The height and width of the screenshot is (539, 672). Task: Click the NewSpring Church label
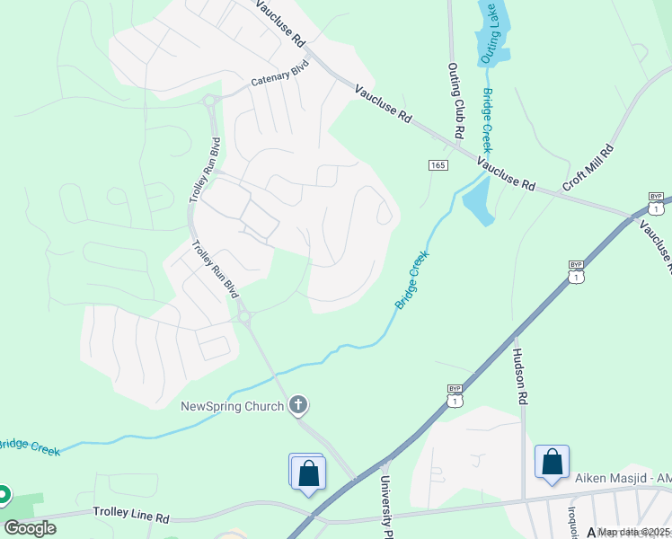pyautogui.click(x=232, y=406)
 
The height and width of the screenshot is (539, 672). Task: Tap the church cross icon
pyautogui.click(x=299, y=406)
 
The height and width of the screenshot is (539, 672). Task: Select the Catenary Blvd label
pyautogui.click(x=279, y=77)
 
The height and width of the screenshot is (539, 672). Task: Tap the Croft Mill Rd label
pyautogui.click(x=588, y=168)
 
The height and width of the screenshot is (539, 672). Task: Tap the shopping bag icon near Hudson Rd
pyautogui.click(x=552, y=462)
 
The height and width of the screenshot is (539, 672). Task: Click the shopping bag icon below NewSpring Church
pyautogui.click(x=308, y=472)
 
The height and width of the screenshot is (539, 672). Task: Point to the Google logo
pyautogui.click(x=30, y=527)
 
